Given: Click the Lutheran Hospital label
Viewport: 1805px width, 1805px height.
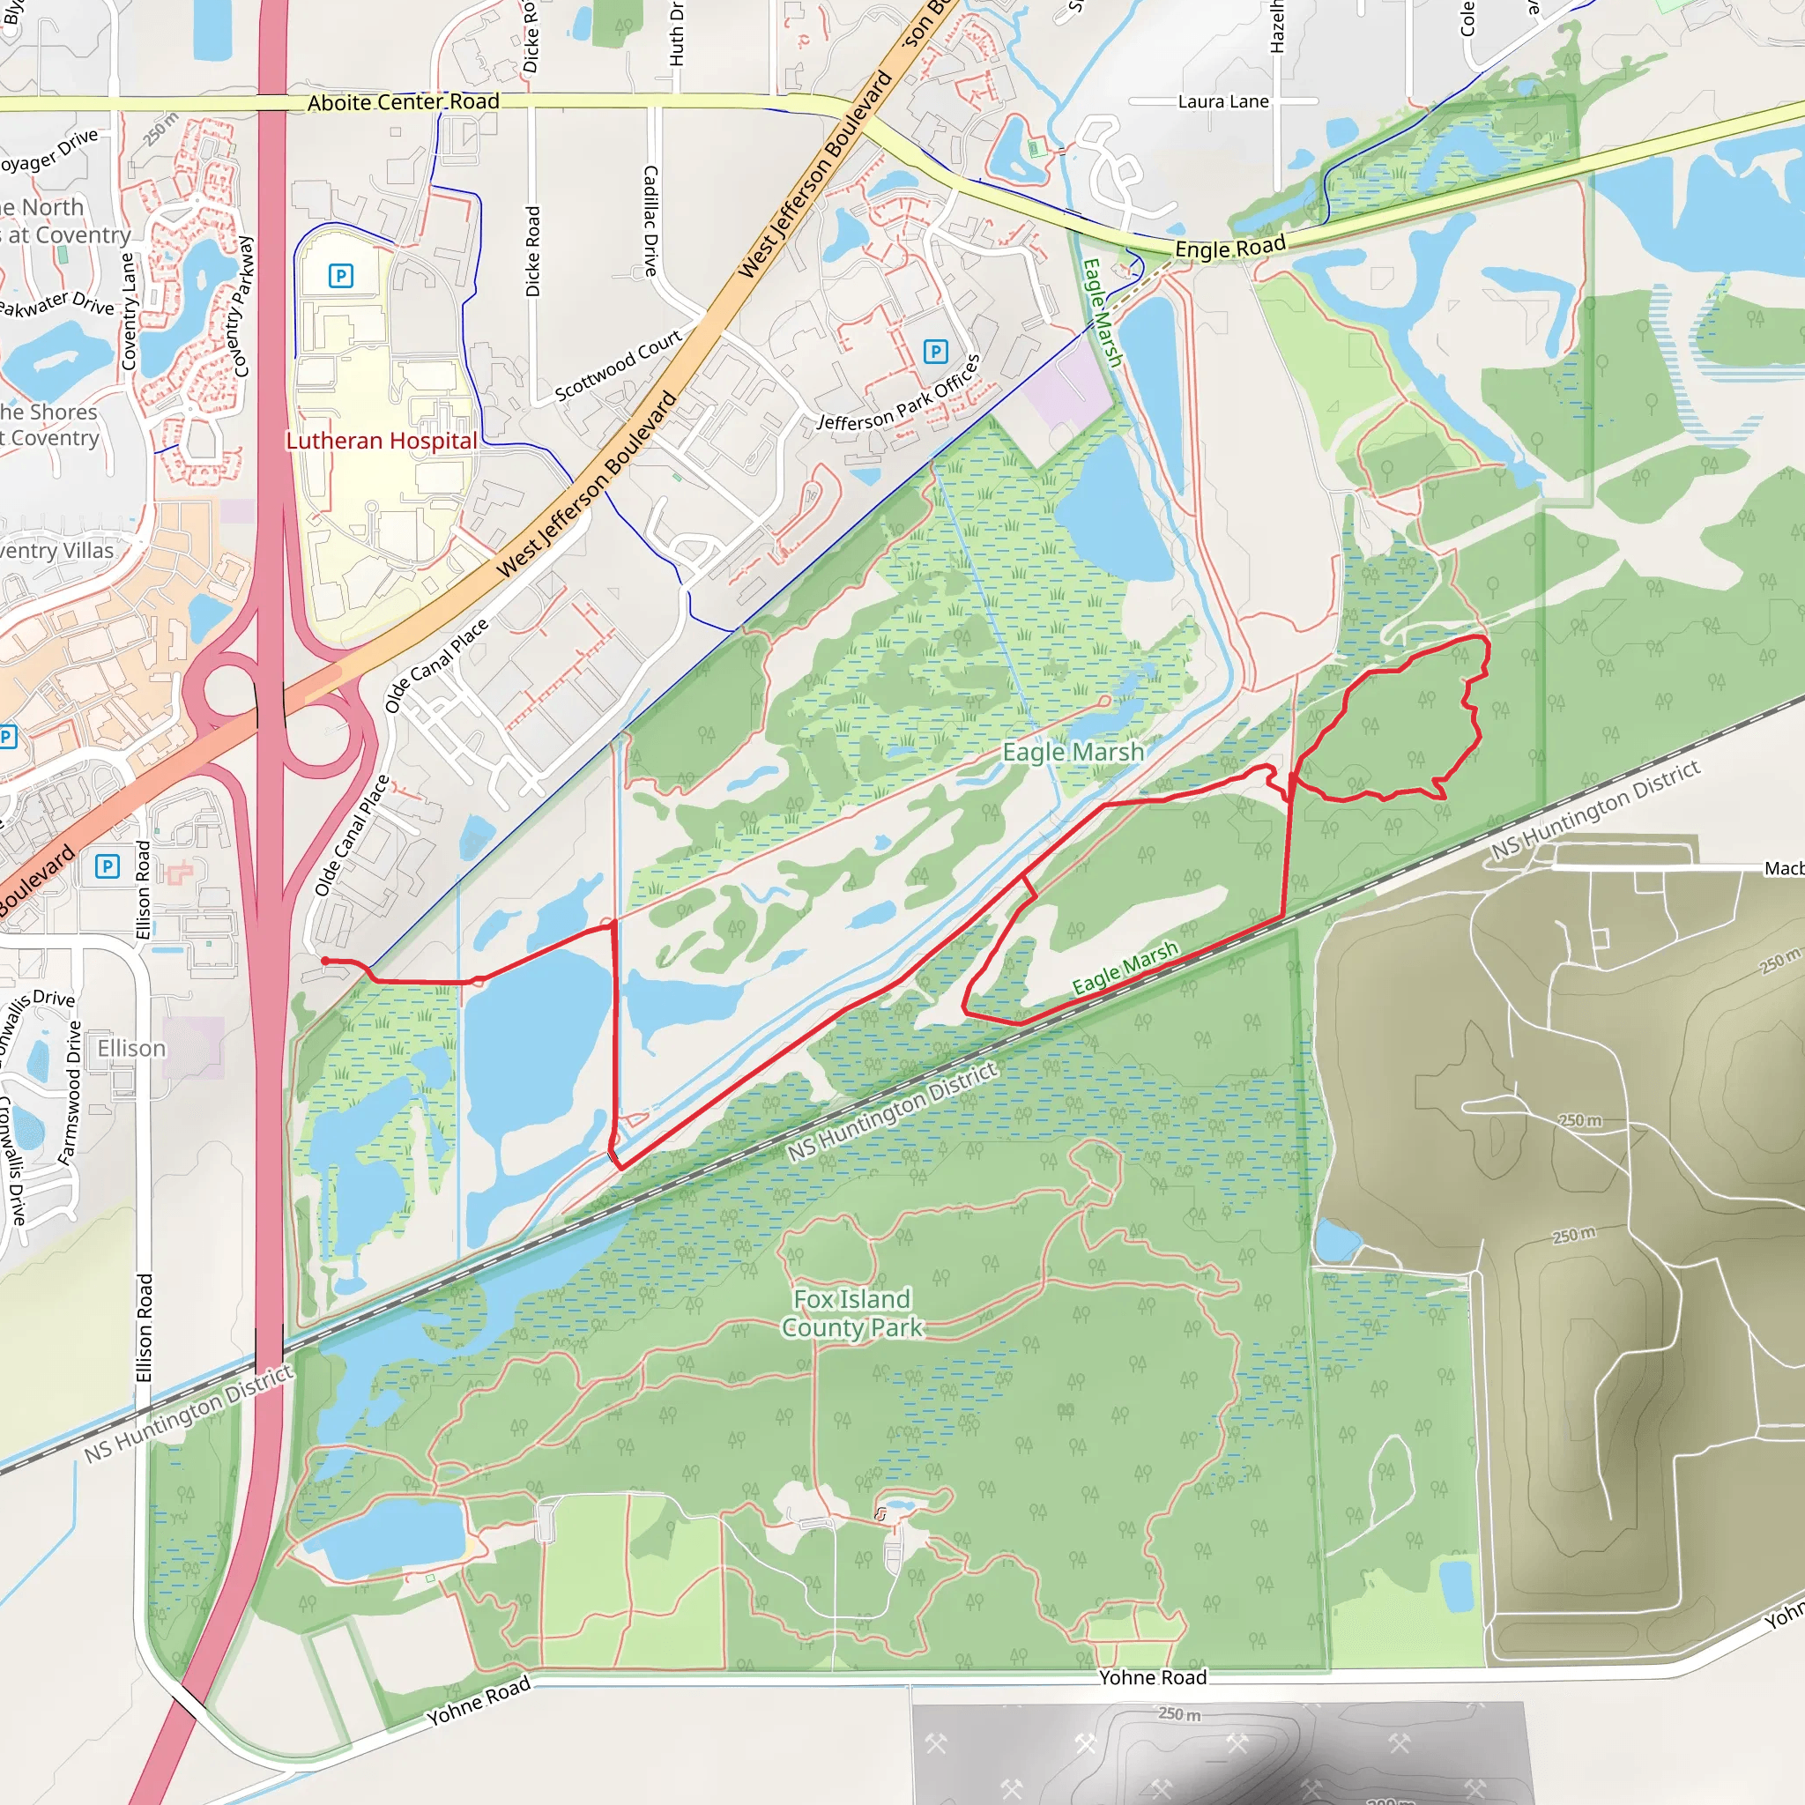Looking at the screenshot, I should pos(381,441).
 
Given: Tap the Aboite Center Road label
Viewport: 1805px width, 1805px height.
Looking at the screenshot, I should pos(404,102).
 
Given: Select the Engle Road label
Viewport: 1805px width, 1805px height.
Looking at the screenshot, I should pos(1229,248).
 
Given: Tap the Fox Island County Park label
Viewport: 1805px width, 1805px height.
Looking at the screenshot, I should pos(852,1312).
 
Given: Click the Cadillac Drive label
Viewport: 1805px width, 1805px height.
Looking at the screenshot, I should pos(650,220).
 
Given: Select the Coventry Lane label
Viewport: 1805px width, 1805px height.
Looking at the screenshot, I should pos(129,312).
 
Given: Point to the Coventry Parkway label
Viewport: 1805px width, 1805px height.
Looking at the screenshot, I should pos(243,307).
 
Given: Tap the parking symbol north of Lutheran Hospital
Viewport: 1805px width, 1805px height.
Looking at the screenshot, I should pos(341,276).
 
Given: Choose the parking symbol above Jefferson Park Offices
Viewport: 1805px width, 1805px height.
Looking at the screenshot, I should pos(935,352).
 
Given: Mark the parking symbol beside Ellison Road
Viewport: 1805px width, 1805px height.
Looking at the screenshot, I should pos(108,866).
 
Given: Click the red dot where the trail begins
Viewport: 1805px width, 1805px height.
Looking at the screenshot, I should pos(324,961).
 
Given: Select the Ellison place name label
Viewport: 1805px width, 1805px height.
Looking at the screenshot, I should pos(131,1048).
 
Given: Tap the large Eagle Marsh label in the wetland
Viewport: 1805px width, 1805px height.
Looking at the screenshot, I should pos(1073,752).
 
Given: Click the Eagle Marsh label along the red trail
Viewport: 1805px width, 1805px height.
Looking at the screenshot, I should pos(1125,968).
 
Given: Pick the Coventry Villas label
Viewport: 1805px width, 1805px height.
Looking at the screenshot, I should pos(56,550).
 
